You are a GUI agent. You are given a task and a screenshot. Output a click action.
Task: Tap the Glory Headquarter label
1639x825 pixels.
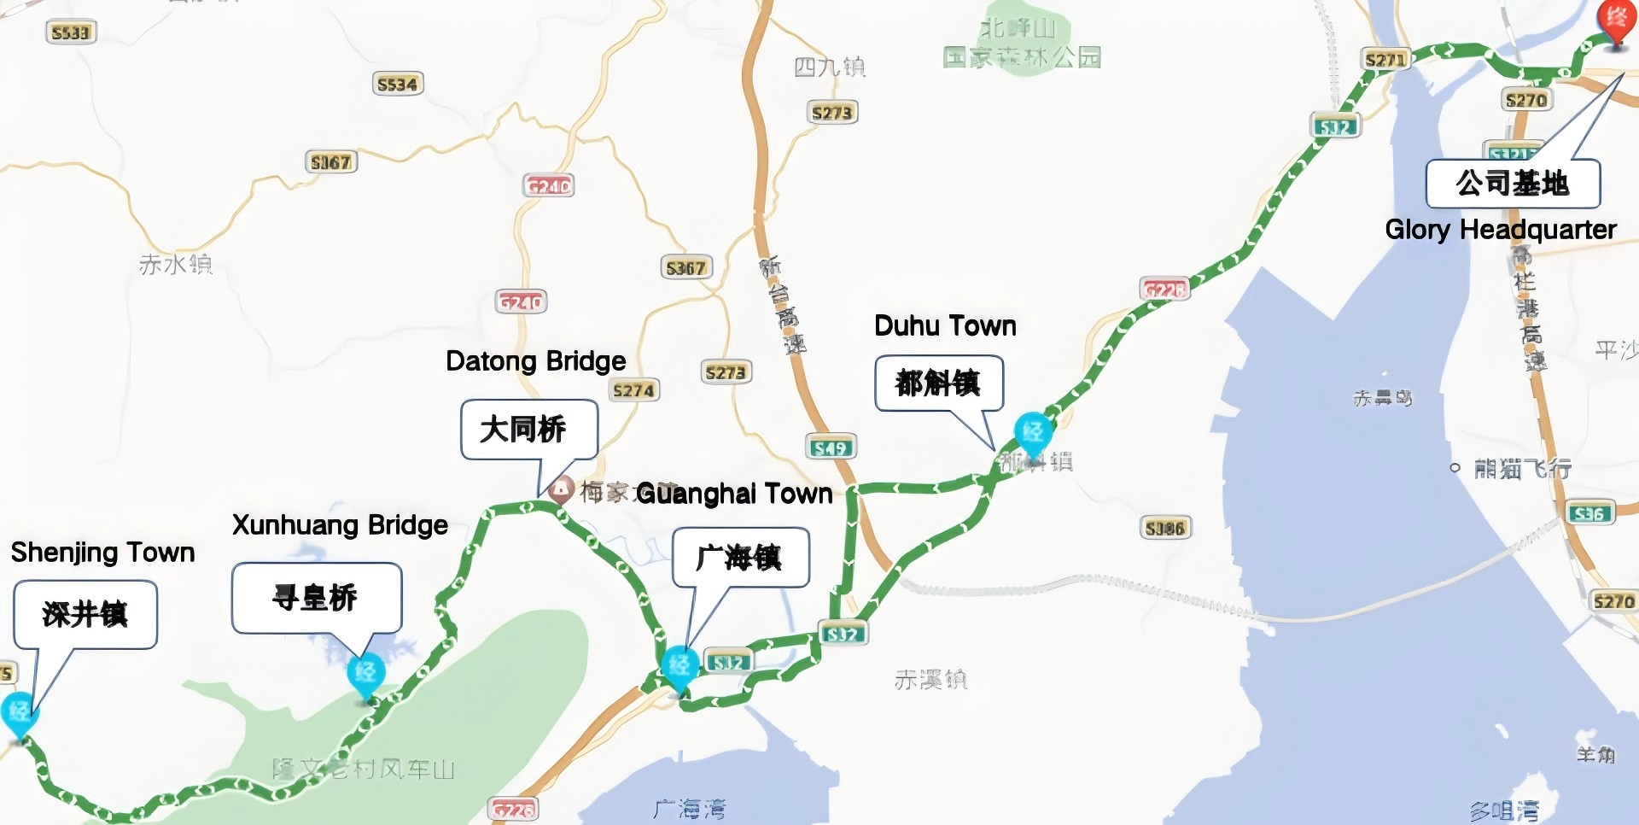coord(1500,229)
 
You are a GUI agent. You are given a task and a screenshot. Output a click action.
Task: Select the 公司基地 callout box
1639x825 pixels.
coord(1512,184)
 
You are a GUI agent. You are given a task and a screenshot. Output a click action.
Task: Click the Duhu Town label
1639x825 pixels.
coord(945,325)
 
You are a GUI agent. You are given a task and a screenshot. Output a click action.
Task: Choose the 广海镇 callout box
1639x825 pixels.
coord(739,558)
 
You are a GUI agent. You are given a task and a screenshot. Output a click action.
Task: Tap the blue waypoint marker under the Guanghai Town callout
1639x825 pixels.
coord(680,666)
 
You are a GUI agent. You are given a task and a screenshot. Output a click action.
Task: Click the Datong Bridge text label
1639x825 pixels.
coord(535,361)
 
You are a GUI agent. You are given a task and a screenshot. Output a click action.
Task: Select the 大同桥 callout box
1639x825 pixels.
coord(528,429)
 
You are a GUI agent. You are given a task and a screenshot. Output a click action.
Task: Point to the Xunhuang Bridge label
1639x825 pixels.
coord(340,524)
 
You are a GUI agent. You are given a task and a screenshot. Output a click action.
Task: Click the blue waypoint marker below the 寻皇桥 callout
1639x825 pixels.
coord(366,674)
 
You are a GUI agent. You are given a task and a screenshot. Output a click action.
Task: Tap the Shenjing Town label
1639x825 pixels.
coord(102,553)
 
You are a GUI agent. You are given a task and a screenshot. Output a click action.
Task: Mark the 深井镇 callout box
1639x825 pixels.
coord(85,614)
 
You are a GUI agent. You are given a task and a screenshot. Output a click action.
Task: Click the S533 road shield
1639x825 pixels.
coord(70,32)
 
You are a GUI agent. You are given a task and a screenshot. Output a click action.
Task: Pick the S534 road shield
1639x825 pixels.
coord(398,84)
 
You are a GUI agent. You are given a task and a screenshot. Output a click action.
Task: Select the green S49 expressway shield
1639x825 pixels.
coord(830,447)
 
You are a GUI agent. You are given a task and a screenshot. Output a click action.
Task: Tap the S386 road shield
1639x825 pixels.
coord(1164,528)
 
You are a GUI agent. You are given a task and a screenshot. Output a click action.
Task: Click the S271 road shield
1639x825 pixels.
coord(1385,59)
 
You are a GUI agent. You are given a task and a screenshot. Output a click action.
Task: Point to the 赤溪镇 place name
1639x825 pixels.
coord(930,680)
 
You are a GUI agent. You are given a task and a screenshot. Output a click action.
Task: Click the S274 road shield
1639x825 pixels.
coord(633,390)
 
